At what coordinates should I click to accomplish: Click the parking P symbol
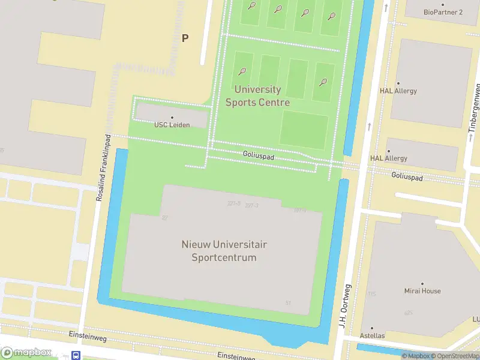(185, 38)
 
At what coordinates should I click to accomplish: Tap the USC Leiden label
(172, 125)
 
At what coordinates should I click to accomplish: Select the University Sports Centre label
(257, 96)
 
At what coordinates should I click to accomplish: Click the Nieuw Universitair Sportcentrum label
(224, 251)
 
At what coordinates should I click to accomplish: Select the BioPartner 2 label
(443, 12)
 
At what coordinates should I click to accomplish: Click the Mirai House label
(422, 291)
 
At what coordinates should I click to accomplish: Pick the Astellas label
(372, 335)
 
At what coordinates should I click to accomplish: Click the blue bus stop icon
(76, 355)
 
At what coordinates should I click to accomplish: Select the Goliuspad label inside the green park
(259, 155)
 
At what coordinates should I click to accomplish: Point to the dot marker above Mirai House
(422, 283)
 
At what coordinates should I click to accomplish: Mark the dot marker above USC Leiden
(172, 118)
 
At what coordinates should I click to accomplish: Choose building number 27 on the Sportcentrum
(165, 217)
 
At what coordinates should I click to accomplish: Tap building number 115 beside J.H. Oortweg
(371, 294)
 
